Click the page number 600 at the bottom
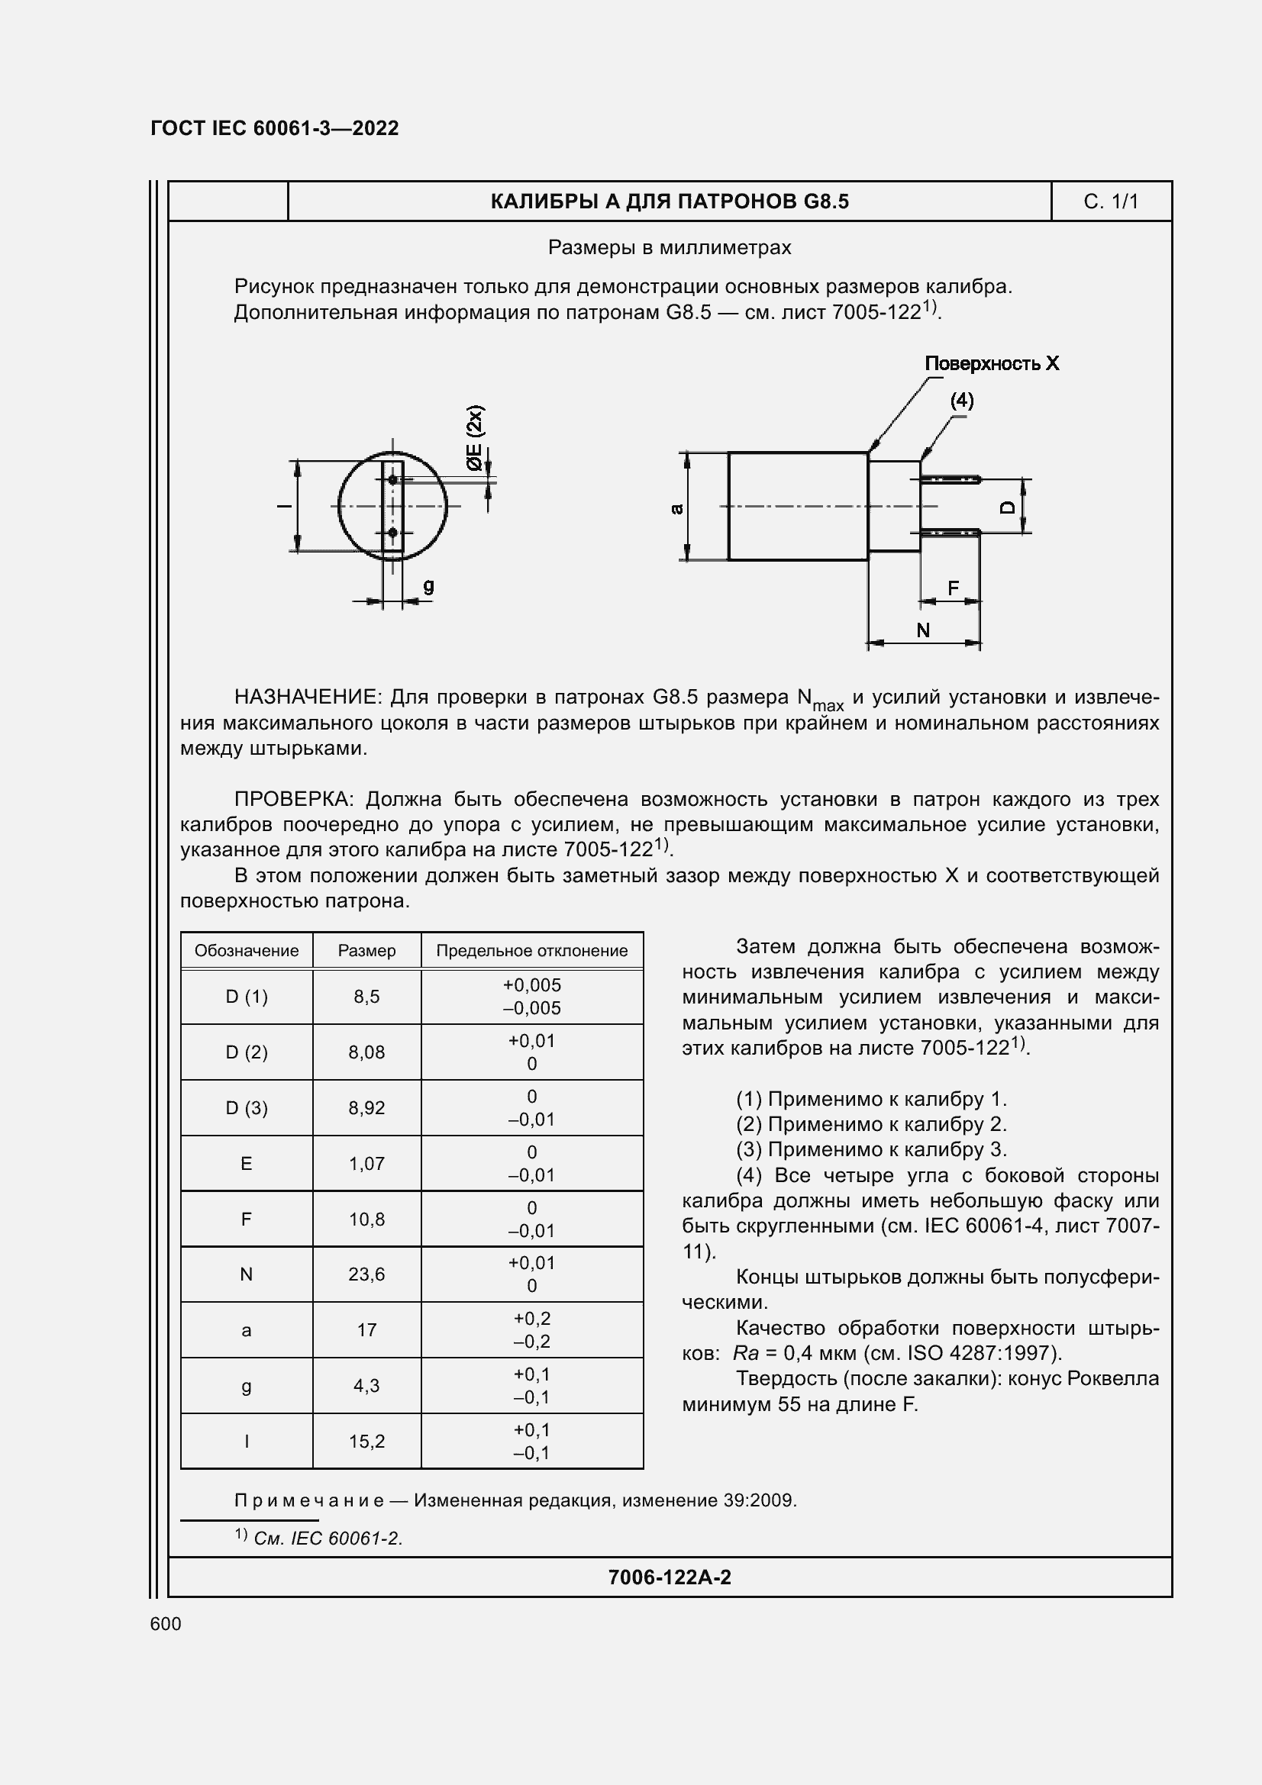166,1623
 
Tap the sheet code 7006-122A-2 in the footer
670,1577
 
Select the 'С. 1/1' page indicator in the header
1110,201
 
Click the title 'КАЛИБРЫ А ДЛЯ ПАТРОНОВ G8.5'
670,201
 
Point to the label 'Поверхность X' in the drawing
992,363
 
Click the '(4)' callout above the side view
961,400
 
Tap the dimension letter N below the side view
923,630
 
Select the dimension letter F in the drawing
953,588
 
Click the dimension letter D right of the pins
1007,507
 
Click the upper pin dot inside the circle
392,480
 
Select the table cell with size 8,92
366,1108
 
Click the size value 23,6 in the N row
366,1274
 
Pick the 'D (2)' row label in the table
247,1052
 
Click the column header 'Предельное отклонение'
532,950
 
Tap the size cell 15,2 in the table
366,1442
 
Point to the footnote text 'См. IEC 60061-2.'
328,1539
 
